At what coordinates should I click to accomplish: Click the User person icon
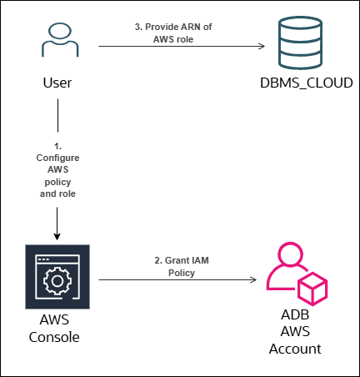coord(57,44)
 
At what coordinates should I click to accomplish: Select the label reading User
coord(57,84)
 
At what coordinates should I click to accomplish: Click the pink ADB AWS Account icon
coord(295,277)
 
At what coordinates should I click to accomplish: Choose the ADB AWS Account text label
coord(295,333)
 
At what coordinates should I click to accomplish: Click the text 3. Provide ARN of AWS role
coord(172,33)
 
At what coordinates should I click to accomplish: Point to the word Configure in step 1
coord(57,157)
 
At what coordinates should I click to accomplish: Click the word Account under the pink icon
coord(295,349)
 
